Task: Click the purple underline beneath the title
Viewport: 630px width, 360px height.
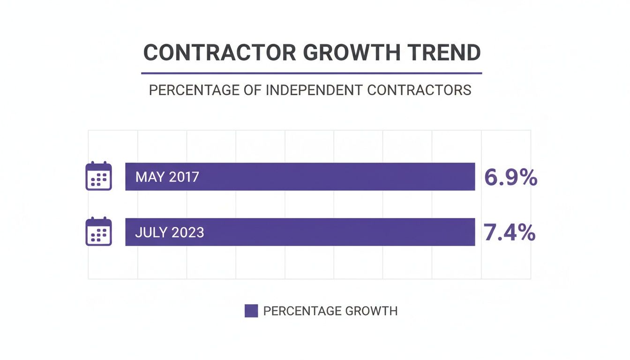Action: [311, 73]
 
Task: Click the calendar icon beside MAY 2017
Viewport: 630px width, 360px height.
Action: [98, 176]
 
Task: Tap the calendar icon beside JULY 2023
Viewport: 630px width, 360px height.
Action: [98, 232]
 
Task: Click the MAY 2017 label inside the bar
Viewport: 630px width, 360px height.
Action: [167, 177]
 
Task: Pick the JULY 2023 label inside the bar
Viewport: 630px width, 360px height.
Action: [170, 232]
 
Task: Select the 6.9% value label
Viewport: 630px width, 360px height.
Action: [510, 178]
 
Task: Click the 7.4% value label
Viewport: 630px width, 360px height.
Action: [509, 233]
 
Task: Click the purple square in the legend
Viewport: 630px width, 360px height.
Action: [251, 311]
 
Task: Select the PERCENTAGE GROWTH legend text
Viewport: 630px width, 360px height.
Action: [330, 311]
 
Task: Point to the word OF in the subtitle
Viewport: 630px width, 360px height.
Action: [254, 90]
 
